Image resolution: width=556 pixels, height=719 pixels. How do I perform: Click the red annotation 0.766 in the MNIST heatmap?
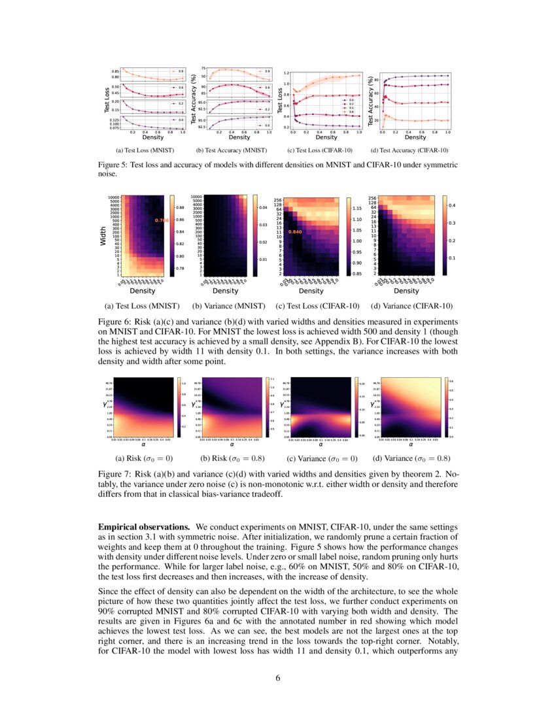click(x=161, y=221)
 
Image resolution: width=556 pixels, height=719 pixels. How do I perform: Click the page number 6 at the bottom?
click(x=278, y=677)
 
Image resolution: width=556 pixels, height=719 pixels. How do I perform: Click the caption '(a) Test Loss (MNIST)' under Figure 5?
click(x=140, y=152)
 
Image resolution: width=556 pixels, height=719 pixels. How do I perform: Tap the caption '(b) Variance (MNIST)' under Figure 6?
click(x=225, y=305)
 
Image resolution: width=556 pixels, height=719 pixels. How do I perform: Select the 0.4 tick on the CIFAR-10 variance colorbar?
click(x=451, y=205)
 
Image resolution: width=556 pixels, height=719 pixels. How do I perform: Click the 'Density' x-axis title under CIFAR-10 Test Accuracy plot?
click(x=415, y=138)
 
